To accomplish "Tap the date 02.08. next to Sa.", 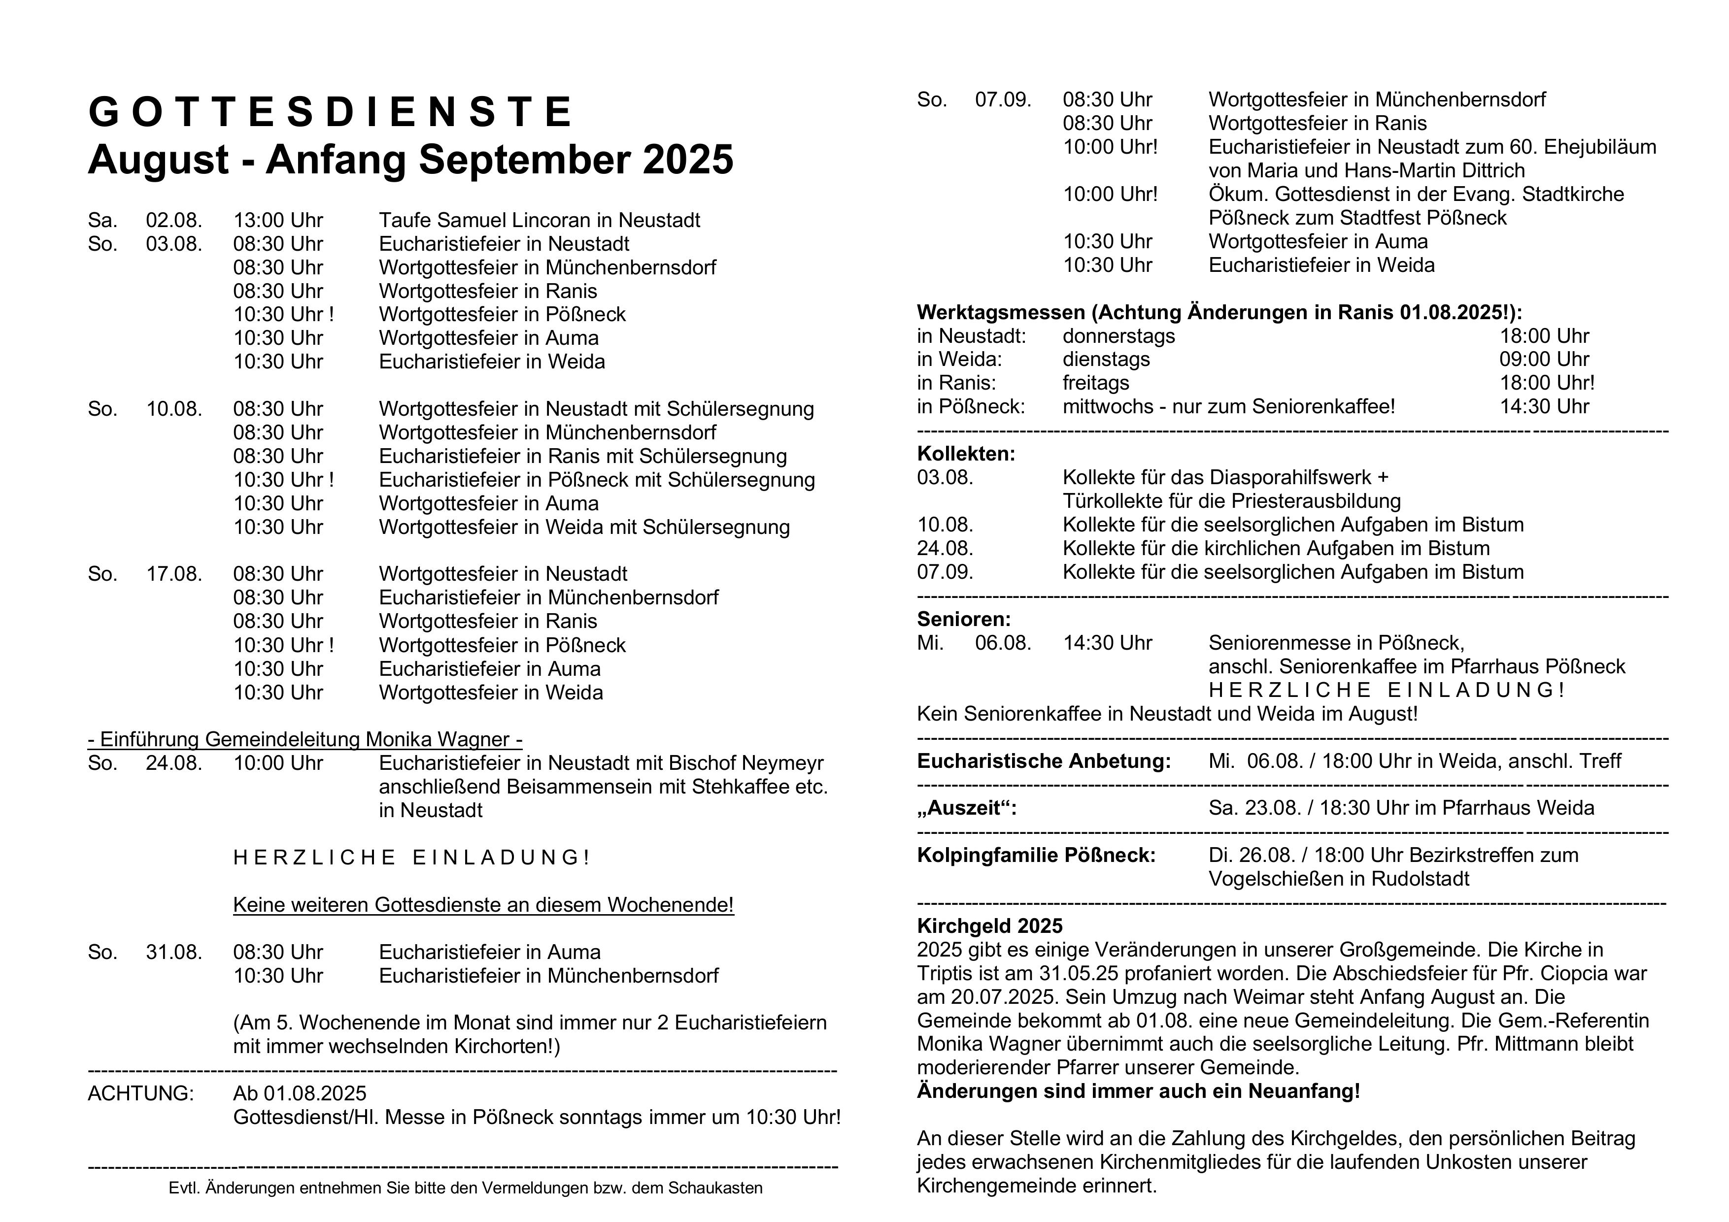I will (x=174, y=221).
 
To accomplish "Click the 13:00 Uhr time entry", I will (x=278, y=221).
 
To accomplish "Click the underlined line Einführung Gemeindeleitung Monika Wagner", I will (x=305, y=739).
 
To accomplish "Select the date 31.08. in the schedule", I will (x=174, y=953).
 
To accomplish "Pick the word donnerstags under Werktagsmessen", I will (x=1119, y=336).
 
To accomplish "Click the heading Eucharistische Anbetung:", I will (x=1044, y=761).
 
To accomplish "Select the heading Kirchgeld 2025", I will (x=989, y=926).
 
